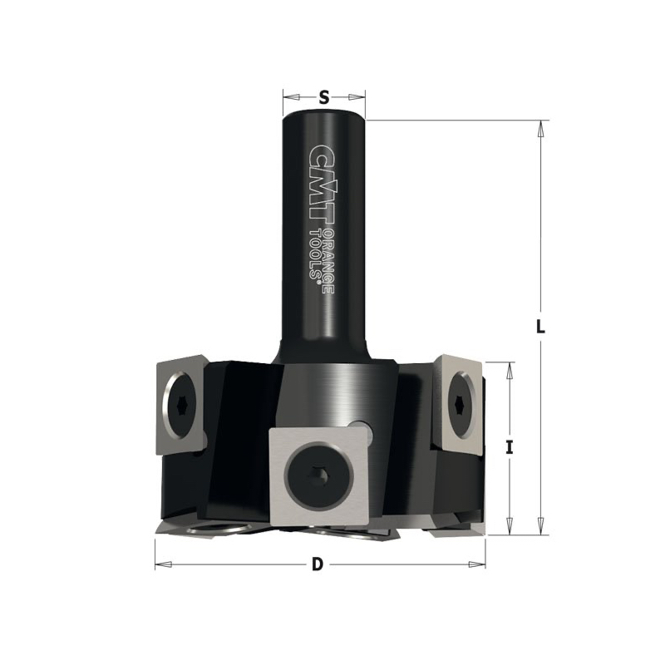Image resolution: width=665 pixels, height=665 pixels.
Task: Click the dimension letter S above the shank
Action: coord(324,98)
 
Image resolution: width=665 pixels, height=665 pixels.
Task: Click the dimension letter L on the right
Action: coord(540,327)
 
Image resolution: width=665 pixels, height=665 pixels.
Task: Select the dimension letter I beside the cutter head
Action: coord(510,447)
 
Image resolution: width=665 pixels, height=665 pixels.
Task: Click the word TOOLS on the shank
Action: coord(316,257)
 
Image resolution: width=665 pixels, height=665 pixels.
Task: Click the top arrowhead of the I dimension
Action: coord(510,369)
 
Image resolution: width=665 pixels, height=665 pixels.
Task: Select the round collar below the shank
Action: coord(332,387)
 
